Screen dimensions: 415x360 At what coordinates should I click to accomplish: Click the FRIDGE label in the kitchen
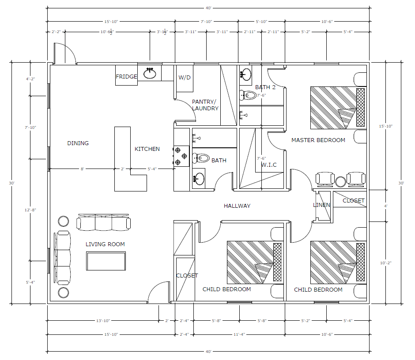[127, 77]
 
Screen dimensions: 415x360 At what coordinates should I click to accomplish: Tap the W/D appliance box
[185, 79]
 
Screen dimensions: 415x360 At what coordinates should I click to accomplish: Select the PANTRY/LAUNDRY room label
[205, 105]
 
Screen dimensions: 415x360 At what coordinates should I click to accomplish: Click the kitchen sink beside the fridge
[150, 73]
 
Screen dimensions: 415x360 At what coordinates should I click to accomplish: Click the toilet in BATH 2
[248, 95]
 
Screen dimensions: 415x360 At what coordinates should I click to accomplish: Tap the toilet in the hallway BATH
[201, 158]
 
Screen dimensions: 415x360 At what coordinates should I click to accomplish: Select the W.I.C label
[269, 165]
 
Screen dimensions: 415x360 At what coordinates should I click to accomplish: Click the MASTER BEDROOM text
[318, 140]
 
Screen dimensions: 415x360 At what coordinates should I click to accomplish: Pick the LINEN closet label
[321, 205]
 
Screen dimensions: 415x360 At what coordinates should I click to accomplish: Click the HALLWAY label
[237, 206]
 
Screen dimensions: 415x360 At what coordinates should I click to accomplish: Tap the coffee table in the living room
[106, 261]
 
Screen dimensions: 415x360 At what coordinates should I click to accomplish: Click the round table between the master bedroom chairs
[340, 182]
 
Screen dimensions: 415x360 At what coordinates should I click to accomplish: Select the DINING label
[78, 143]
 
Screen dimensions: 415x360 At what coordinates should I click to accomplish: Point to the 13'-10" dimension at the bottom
[103, 321]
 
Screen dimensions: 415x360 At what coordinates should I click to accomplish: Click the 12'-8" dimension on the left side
[30, 210]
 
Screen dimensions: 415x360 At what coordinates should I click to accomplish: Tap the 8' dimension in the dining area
[82, 169]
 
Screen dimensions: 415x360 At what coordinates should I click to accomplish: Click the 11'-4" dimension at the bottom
[239, 334]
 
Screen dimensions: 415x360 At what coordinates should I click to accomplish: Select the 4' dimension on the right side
[385, 206]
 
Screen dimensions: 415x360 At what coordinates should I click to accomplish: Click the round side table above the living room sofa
[64, 221]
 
